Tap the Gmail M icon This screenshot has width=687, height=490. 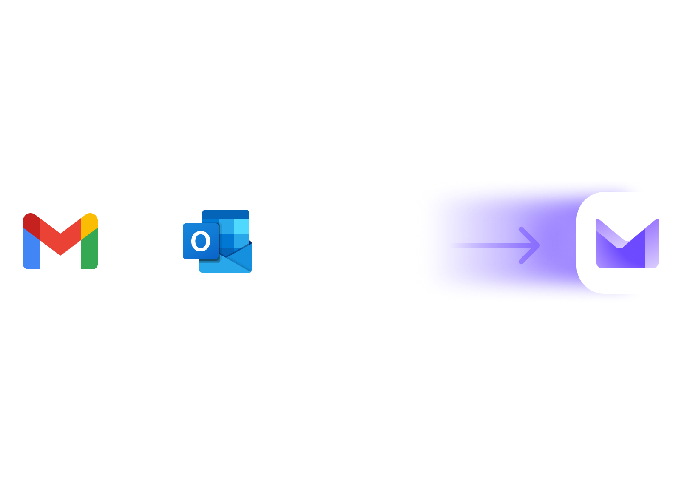(x=60, y=241)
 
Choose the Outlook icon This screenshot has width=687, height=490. (x=217, y=241)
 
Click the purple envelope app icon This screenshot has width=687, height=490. (x=627, y=243)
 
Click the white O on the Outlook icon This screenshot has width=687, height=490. (x=200, y=241)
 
